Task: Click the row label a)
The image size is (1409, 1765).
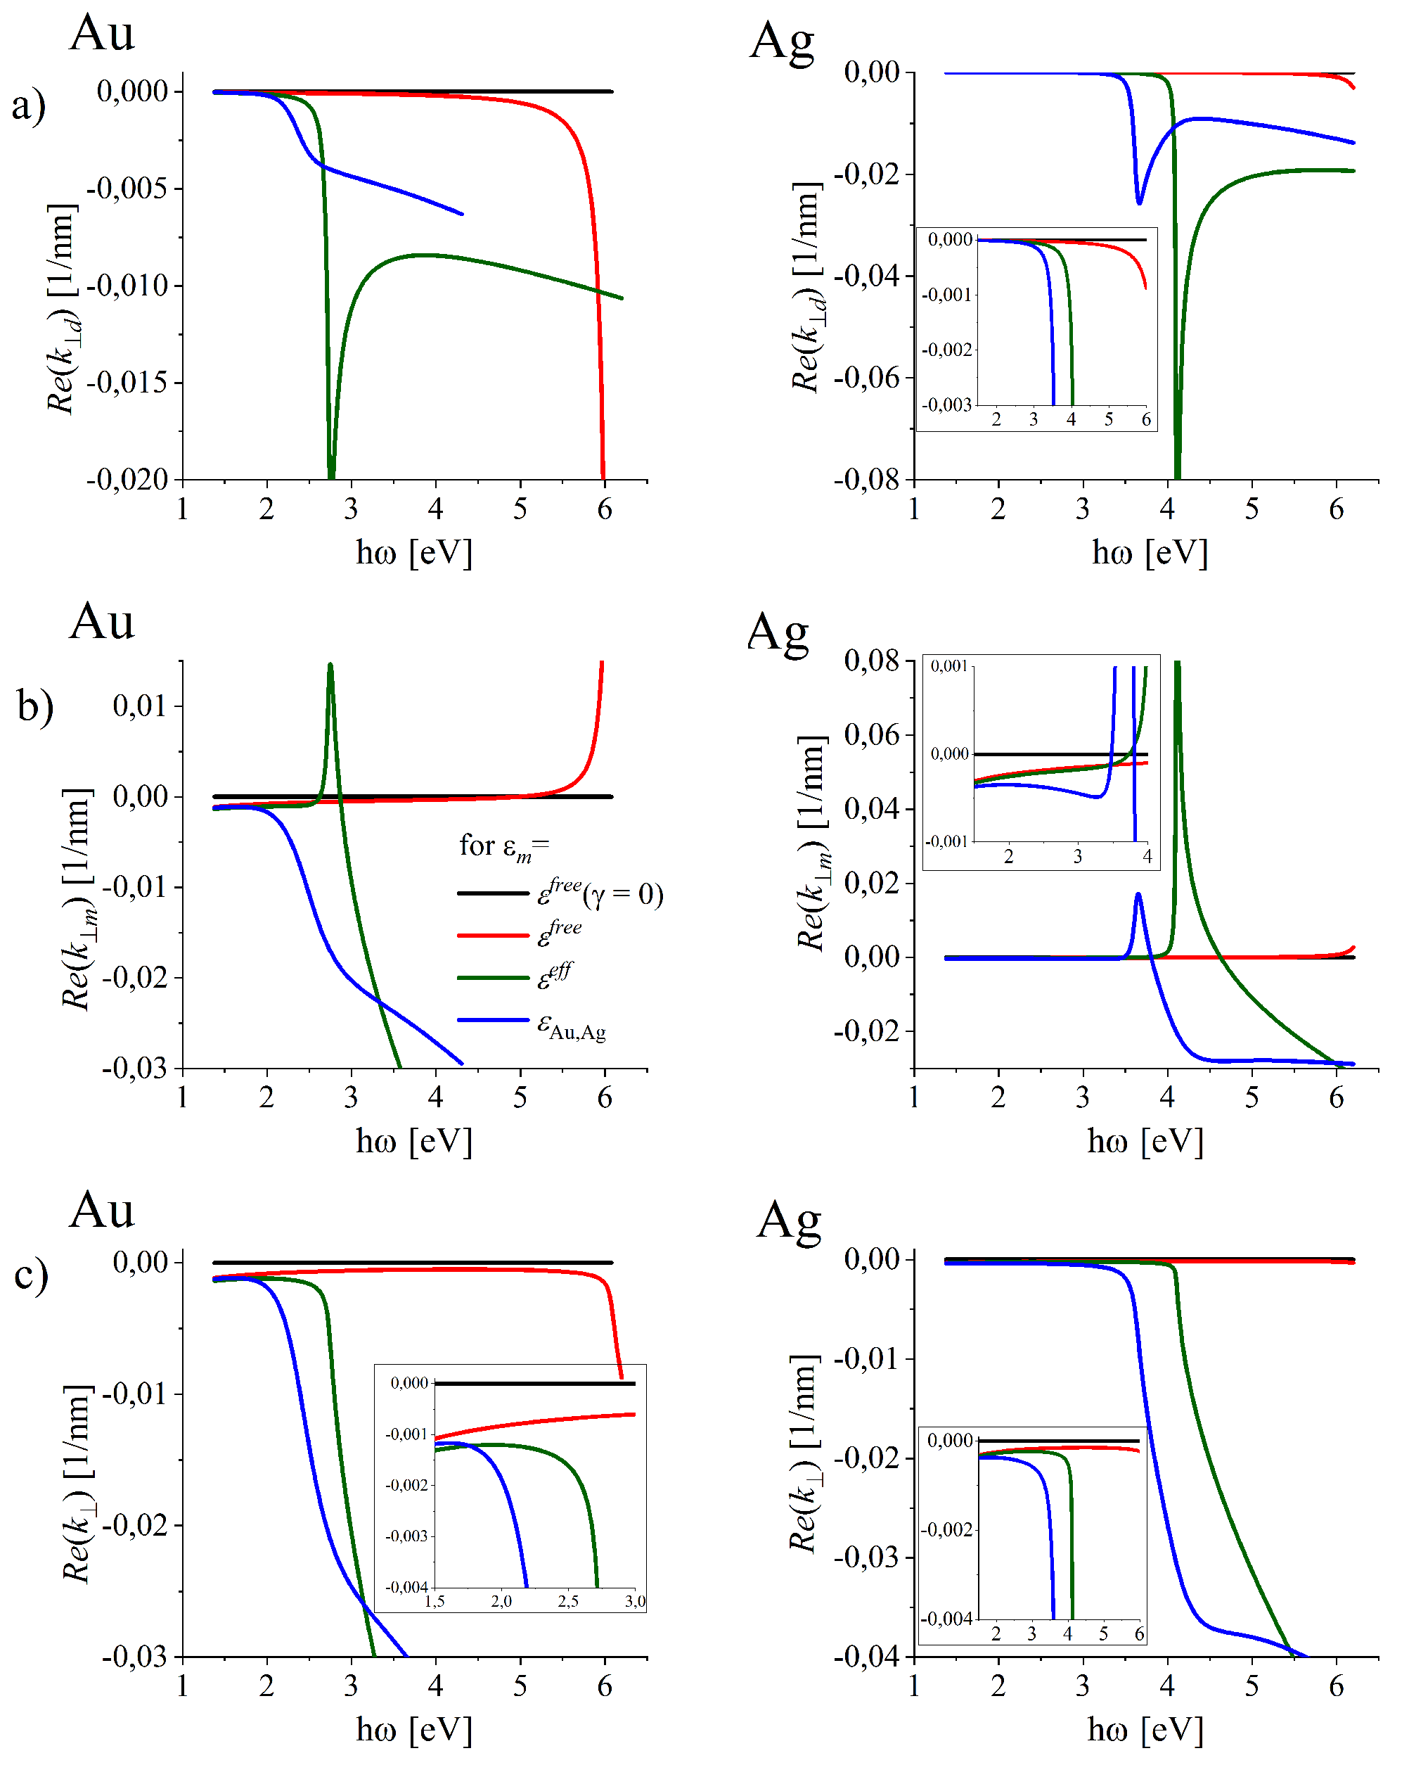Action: [x=29, y=106]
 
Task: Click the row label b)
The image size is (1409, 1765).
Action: [x=35, y=705]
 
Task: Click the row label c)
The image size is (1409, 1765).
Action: [x=31, y=1274]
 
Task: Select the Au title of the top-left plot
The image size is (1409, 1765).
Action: [x=101, y=34]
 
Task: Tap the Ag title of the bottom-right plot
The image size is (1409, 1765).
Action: [x=788, y=1221]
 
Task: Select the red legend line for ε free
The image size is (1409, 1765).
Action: [x=493, y=935]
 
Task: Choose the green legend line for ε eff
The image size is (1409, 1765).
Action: [x=493, y=977]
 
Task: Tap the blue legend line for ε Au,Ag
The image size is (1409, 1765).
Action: [x=493, y=1020]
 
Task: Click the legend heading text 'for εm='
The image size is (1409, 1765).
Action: [x=504, y=846]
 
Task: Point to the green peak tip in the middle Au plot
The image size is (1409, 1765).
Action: [x=330, y=665]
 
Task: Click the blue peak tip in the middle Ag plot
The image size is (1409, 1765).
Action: [x=1138, y=895]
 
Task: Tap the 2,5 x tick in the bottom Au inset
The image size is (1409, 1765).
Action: [x=568, y=1601]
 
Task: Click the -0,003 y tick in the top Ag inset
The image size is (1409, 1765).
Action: [x=946, y=405]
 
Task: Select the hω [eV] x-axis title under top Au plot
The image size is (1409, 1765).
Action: [x=414, y=553]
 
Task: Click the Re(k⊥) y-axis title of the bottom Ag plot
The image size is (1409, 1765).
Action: [x=804, y=1453]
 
